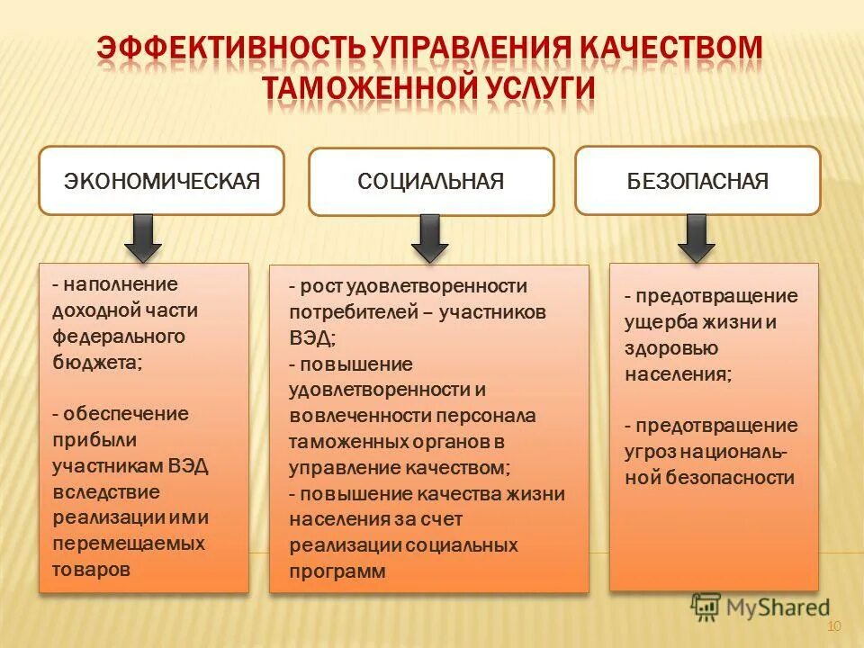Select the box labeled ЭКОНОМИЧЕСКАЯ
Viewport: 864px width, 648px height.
point(162,181)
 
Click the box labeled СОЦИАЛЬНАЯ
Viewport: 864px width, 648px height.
point(431,182)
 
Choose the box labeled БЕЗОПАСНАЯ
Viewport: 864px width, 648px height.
point(697,181)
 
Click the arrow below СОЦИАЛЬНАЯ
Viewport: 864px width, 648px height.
point(429,238)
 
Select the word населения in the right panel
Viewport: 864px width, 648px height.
point(676,373)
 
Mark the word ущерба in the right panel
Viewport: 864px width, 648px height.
point(657,321)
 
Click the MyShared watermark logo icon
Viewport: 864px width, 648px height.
point(706,607)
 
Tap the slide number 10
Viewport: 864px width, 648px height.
point(832,626)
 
